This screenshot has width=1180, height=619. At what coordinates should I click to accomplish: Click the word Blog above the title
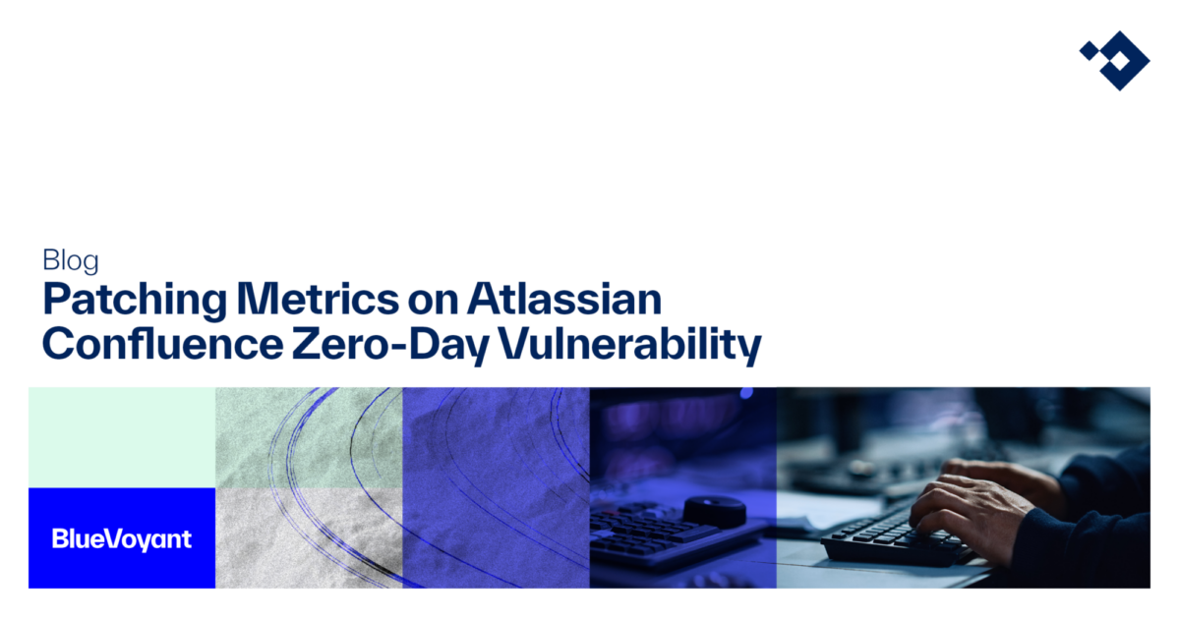71,260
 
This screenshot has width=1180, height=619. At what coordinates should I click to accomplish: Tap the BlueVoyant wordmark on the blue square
121,538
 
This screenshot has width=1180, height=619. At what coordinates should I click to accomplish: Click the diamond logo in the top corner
1114,58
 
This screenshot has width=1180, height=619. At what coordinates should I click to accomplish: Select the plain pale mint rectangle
122,437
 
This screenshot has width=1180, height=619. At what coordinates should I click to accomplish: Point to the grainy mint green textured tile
309,437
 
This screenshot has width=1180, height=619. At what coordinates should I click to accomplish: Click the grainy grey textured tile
309,537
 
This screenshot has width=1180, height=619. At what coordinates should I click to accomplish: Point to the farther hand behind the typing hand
983,469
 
